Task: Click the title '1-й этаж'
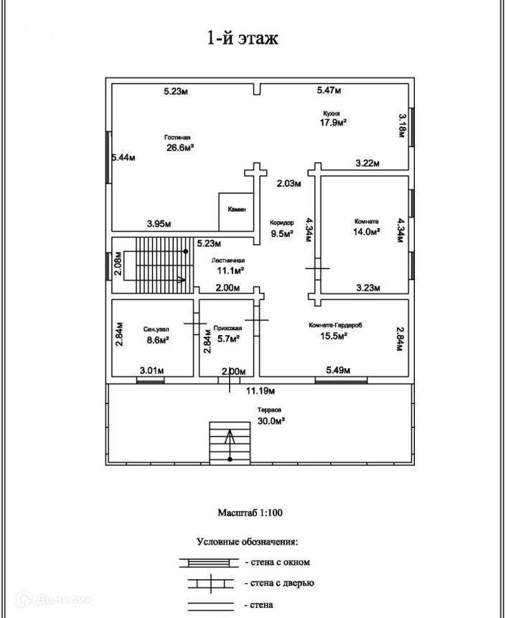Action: (x=242, y=38)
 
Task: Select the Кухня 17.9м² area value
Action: (x=334, y=122)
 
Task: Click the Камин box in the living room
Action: (x=237, y=209)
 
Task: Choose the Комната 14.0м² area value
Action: (x=365, y=231)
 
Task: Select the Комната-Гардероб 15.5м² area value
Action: (x=335, y=335)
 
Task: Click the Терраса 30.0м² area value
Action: (x=271, y=421)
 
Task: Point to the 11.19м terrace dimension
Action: (x=261, y=391)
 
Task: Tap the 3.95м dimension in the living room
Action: (x=159, y=224)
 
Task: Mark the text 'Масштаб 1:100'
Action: (x=252, y=513)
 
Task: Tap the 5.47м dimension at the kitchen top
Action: (x=329, y=90)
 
